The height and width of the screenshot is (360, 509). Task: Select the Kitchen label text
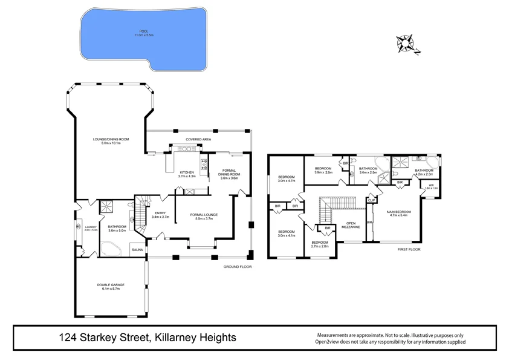point(187,174)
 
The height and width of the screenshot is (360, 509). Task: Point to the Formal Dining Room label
point(229,174)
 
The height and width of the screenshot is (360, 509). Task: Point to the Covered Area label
point(198,139)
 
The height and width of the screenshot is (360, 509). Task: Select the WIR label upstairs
point(431,186)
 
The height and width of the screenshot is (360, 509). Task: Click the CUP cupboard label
point(371,199)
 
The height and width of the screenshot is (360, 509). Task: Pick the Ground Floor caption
point(237,267)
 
